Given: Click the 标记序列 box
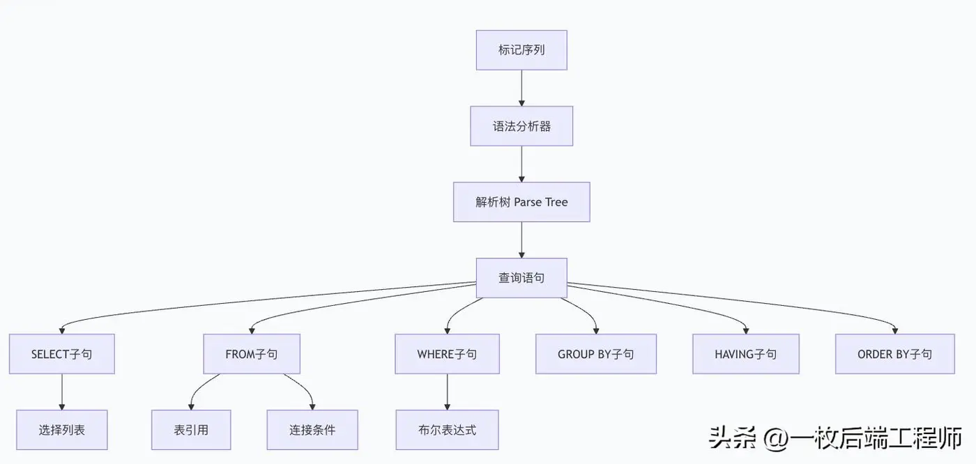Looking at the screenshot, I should [521, 50].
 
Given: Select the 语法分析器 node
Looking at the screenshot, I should [521, 126].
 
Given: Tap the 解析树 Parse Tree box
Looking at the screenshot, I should [521, 202].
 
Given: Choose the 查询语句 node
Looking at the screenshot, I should [521, 278].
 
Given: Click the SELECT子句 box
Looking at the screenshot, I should [61, 354].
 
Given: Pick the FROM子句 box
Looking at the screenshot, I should [251, 354].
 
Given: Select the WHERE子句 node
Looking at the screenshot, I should [447, 354].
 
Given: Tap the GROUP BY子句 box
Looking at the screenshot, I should [595, 354].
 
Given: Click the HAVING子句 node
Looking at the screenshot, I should [745, 354].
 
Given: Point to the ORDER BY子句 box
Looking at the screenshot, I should [894, 354].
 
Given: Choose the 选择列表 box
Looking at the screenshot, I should [61, 430].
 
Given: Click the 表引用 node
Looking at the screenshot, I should [191, 430].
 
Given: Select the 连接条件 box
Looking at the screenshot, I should [312, 430].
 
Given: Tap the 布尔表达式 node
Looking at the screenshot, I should [447, 430].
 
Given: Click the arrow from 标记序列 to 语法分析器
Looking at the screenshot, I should [521, 88].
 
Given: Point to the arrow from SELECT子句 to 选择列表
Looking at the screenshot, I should [61, 392].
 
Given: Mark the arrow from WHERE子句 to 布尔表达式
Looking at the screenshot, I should [447, 392].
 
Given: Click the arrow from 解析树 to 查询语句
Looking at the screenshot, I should [521, 240].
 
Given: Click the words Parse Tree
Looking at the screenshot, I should [541, 202].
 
